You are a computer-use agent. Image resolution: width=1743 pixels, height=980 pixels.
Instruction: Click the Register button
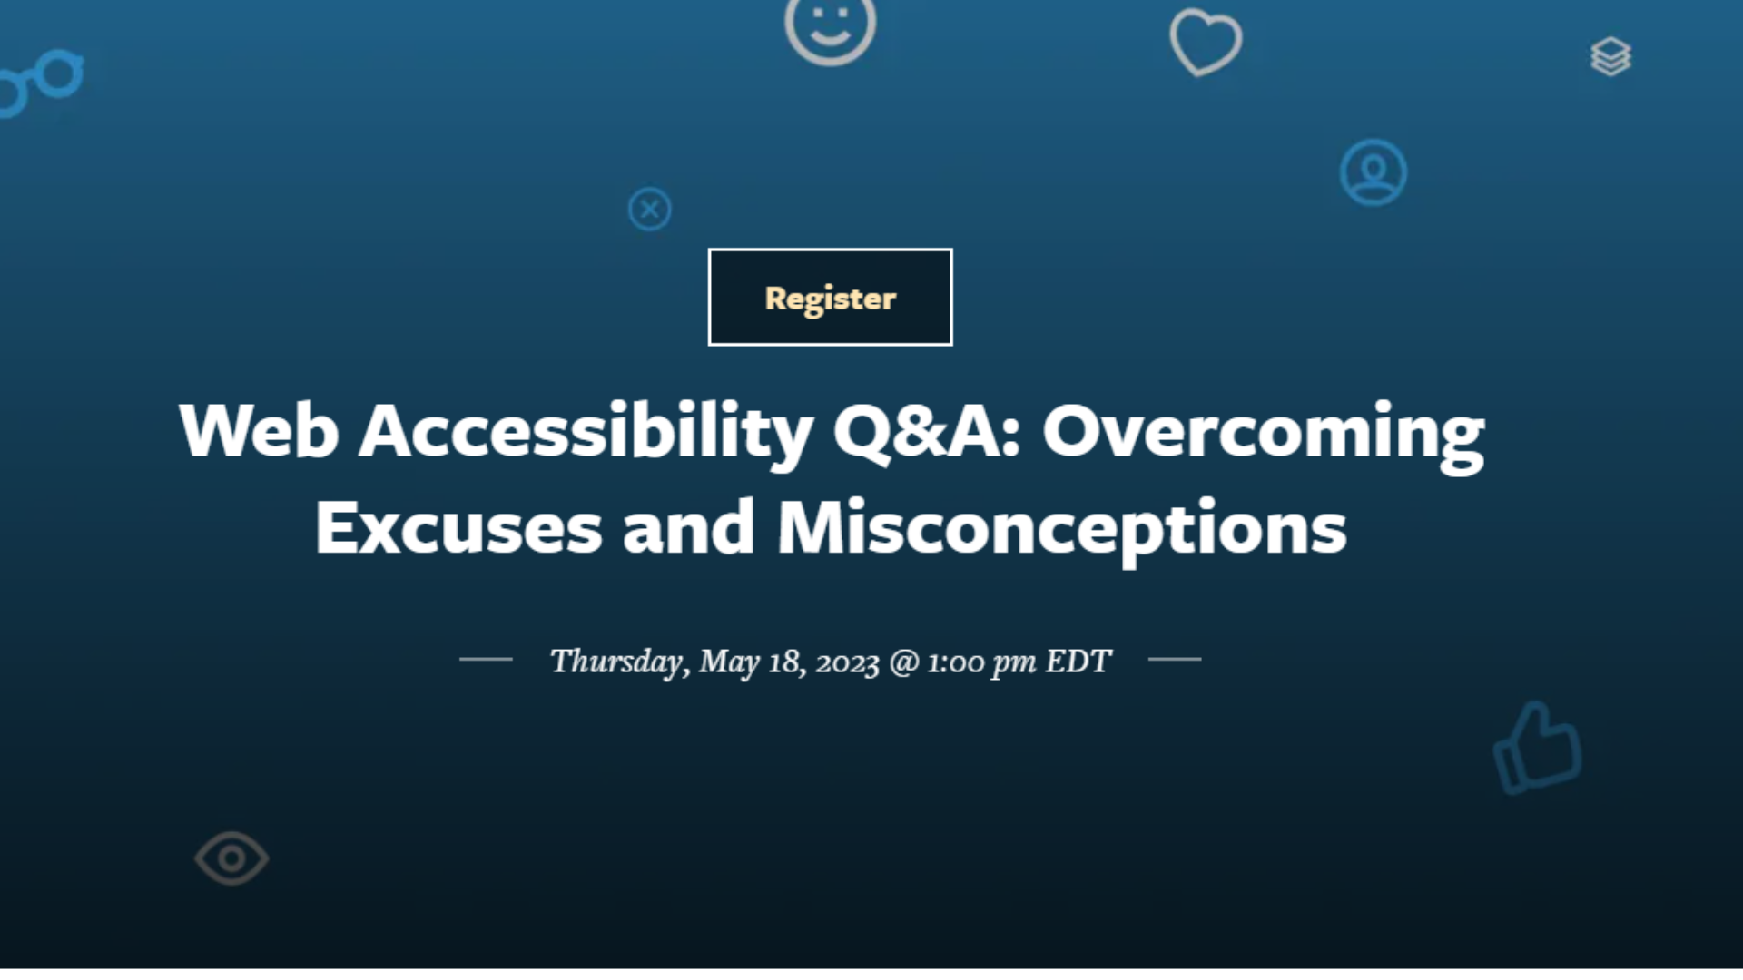(830, 298)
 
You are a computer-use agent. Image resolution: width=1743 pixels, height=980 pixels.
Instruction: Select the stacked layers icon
(1610, 56)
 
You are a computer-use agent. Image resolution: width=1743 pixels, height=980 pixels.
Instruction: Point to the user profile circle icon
(1373, 172)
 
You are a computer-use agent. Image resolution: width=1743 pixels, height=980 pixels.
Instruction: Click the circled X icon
(649, 210)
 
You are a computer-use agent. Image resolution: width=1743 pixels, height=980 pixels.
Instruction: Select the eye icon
(231, 857)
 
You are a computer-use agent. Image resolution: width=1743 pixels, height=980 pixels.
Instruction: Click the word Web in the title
(259, 431)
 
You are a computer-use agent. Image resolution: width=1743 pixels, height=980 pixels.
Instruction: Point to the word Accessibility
(586, 431)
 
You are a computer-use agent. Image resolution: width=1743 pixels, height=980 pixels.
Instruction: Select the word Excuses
(458, 528)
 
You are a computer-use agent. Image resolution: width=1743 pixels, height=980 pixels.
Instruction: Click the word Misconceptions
(1062, 528)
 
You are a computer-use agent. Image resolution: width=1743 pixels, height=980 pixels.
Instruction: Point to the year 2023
(847, 662)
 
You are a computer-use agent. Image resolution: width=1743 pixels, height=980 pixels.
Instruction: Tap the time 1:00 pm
(980, 662)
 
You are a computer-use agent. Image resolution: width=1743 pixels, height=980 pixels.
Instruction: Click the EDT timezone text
(1078, 661)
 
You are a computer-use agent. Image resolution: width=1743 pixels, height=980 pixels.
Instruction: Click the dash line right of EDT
(1175, 660)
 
